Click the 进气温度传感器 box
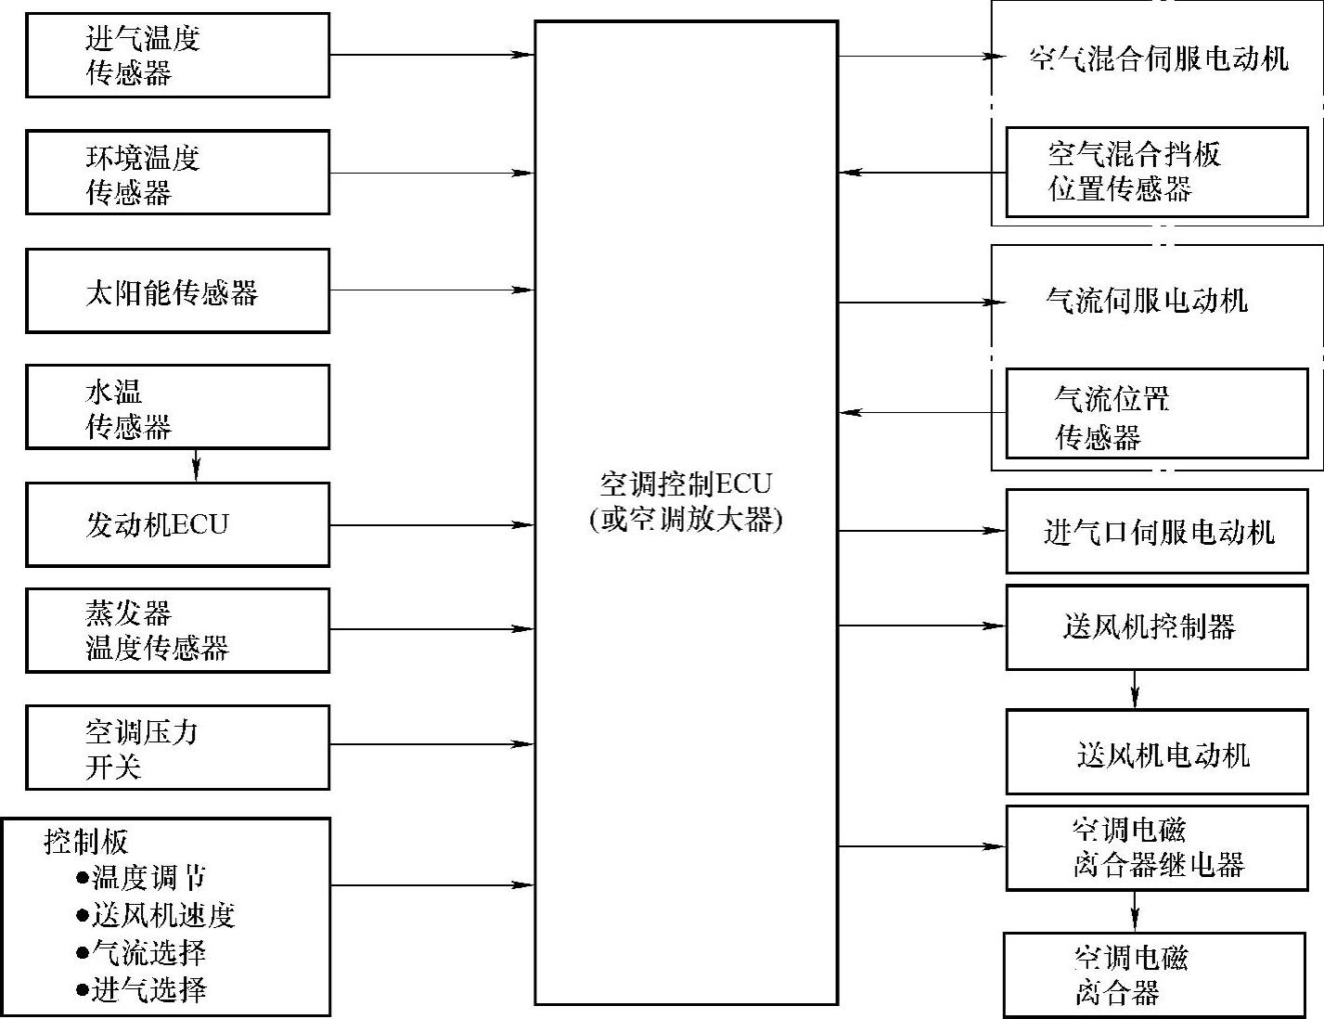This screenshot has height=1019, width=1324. (x=177, y=56)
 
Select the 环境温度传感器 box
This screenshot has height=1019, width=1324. (x=177, y=173)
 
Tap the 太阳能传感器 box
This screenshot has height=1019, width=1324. (x=177, y=290)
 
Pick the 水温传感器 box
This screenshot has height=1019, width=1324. (x=177, y=407)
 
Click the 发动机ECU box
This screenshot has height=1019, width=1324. (x=177, y=524)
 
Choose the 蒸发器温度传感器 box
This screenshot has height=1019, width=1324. (x=177, y=630)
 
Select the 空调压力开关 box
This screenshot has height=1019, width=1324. (x=177, y=747)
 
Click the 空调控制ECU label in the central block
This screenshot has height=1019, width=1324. (x=686, y=484)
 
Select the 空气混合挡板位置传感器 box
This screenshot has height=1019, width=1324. (x=1157, y=173)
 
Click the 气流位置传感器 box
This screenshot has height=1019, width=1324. (x=1157, y=414)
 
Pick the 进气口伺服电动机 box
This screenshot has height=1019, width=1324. (x=1157, y=532)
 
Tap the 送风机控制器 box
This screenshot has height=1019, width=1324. (x=1157, y=626)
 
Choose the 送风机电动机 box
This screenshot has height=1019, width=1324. (x=1157, y=753)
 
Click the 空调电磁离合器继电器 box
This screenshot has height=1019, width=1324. (x=1157, y=847)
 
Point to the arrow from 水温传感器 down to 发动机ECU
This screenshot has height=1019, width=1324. (x=196, y=466)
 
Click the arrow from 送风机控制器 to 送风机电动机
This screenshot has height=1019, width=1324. (x=1135, y=690)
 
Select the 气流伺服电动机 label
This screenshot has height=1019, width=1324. (x=1147, y=301)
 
